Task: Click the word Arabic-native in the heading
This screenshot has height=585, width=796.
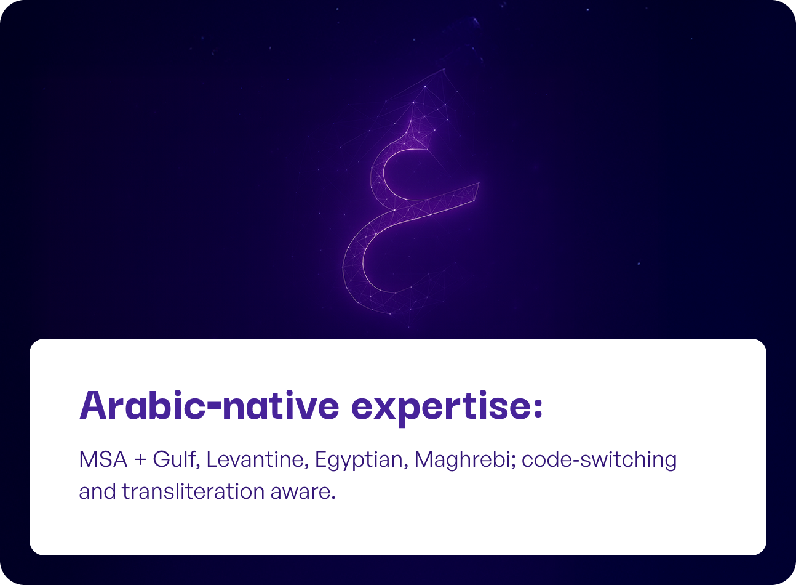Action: point(209,406)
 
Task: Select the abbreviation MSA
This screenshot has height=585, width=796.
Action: point(103,459)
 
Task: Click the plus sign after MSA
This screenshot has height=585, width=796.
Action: point(141,460)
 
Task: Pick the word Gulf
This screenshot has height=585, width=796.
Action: point(173,459)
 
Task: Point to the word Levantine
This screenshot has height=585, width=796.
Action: point(255,459)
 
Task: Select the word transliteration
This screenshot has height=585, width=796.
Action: point(193,491)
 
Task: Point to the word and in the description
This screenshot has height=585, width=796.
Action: point(97,491)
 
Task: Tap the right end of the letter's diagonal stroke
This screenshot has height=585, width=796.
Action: point(479,184)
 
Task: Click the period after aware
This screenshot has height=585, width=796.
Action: point(333,498)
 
